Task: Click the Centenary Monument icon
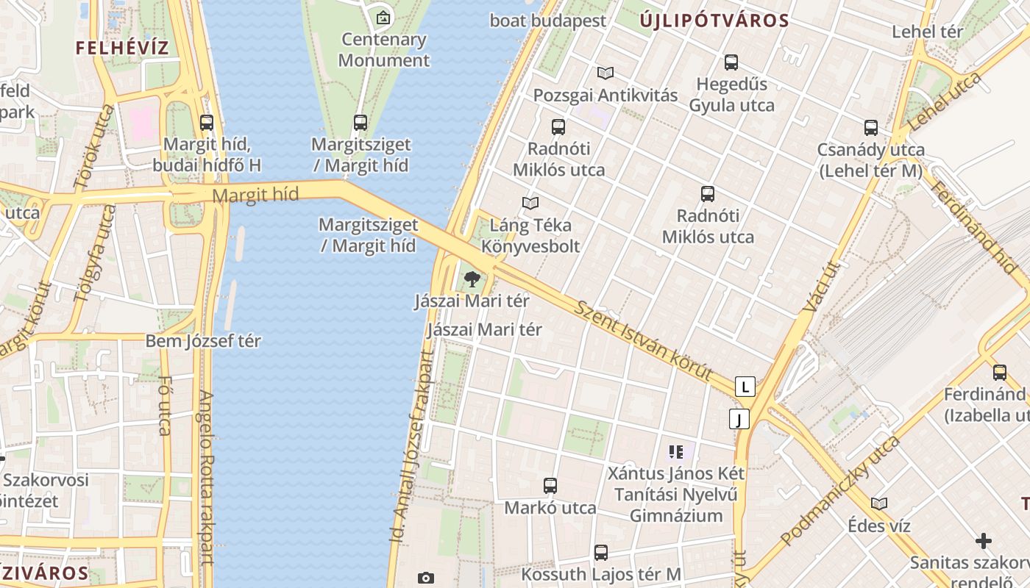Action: click(383, 18)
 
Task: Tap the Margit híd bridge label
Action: click(255, 196)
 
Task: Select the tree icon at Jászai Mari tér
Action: click(472, 279)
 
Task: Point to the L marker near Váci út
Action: click(745, 387)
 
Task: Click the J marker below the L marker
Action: click(739, 419)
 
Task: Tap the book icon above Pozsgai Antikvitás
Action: click(605, 73)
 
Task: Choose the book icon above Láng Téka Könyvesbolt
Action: click(530, 203)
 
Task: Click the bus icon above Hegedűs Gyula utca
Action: click(731, 62)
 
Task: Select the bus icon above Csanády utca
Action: click(871, 128)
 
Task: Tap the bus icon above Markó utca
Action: click(550, 485)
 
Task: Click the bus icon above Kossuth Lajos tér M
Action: click(601, 553)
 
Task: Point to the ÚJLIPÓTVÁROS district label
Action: click(714, 21)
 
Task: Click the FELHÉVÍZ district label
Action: click(122, 49)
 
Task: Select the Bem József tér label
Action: click(203, 341)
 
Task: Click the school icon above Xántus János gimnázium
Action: click(676, 451)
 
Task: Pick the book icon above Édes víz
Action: click(879, 503)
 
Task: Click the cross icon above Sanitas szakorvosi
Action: click(983, 542)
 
